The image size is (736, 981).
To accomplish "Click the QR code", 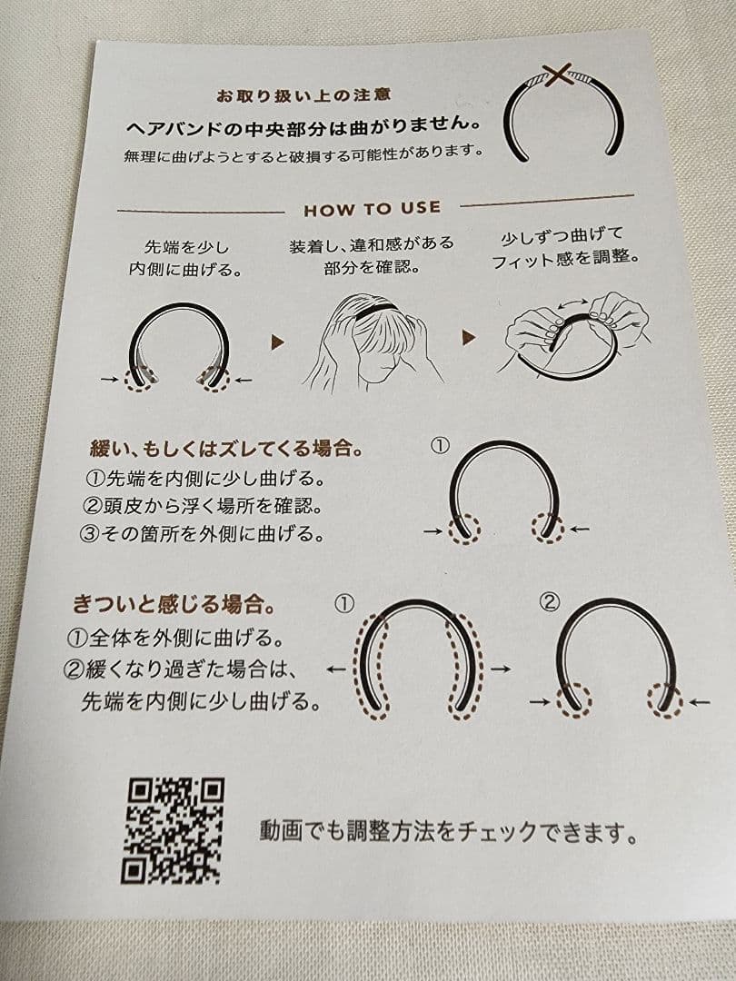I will pyautogui.click(x=173, y=830).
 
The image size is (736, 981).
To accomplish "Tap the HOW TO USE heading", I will pyautogui.click(x=372, y=209).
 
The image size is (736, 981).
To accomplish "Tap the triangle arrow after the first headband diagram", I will pyautogui.click(x=277, y=342).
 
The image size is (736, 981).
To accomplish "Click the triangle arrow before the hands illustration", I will pyautogui.click(x=469, y=338).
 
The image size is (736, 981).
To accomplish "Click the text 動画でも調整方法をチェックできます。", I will pyautogui.click(x=447, y=831).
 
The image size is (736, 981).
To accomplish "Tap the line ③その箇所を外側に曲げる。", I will pyautogui.click(x=202, y=533).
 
